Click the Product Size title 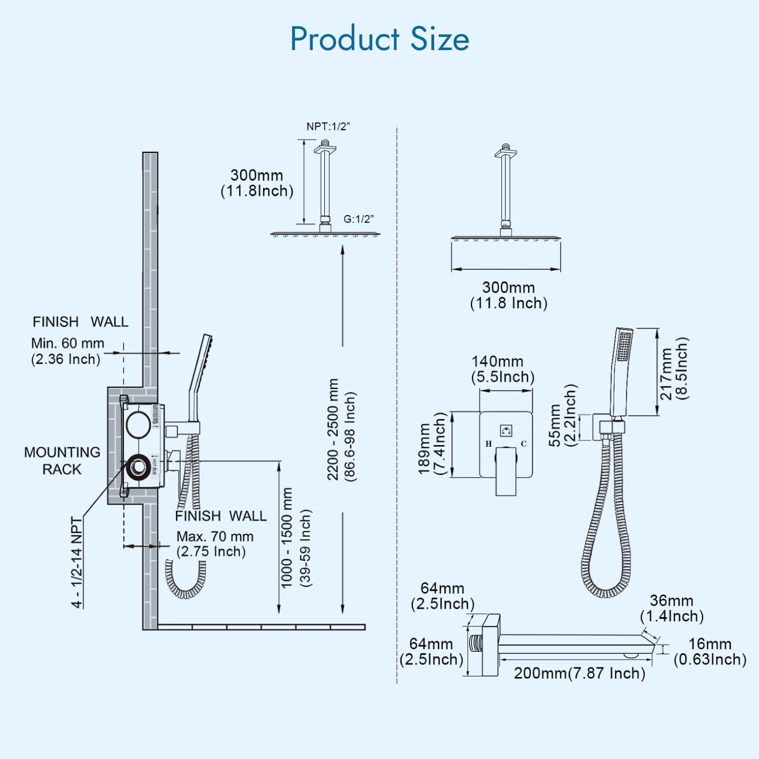click(x=379, y=39)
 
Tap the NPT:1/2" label click(x=328, y=126)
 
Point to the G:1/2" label click(x=358, y=219)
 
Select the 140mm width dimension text click(x=497, y=362)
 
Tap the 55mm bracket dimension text click(x=555, y=425)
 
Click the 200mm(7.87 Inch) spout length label click(x=579, y=673)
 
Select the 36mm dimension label click(x=671, y=601)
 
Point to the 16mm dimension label click(x=709, y=644)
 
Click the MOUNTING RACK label click(x=62, y=460)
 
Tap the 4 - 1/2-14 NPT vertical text click(x=76, y=562)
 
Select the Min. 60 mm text click(x=67, y=343)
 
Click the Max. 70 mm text click(x=215, y=536)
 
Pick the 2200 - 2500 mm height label click(x=332, y=429)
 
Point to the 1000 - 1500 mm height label click(x=287, y=538)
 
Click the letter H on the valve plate click(x=488, y=444)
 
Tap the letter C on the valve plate click(x=524, y=444)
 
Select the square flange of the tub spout click(x=490, y=645)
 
